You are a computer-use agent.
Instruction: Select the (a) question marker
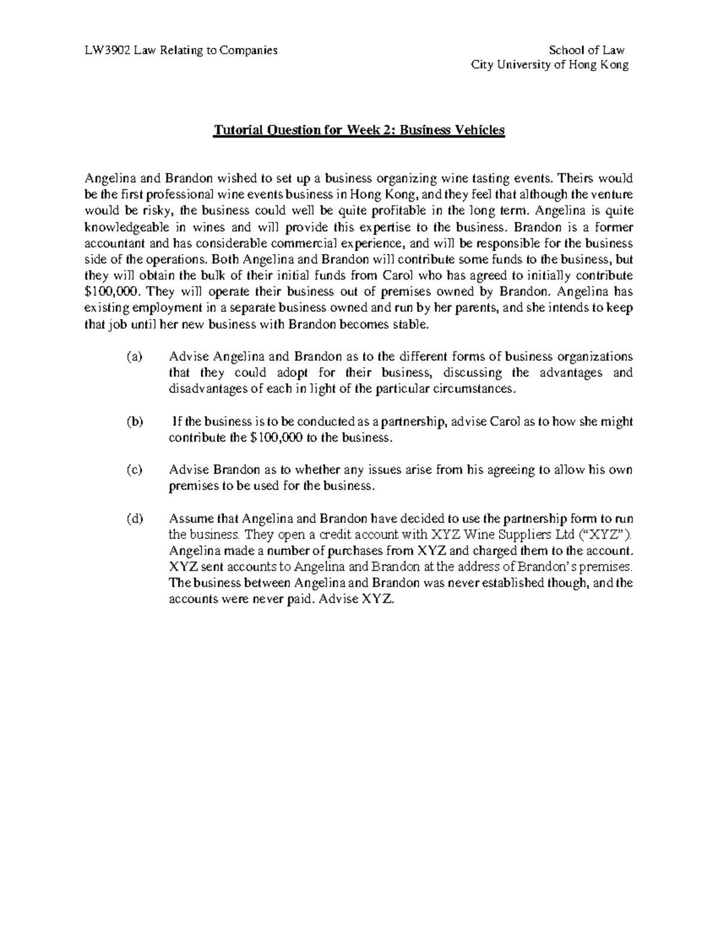point(135,357)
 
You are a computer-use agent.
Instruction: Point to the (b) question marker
point(135,422)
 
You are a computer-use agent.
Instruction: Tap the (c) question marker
point(135,470)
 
